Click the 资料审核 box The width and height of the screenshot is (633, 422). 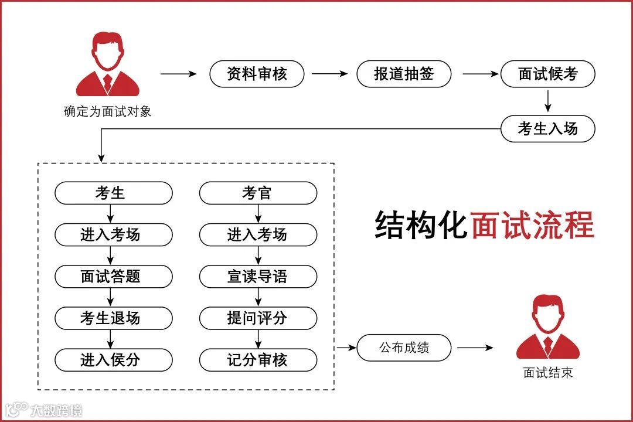(257, 74)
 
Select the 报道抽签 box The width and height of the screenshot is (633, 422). (404, 74)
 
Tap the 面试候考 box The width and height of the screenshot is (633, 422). (547, 74)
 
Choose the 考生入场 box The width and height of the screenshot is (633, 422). (547, 129)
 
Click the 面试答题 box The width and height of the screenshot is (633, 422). (114, 276)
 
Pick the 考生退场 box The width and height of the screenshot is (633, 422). (114, 318)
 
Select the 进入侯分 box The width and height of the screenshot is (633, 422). (114, 359)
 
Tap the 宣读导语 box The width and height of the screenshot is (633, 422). (258, 276)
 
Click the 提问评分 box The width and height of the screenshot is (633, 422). (258, 318)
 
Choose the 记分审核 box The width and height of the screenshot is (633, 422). (258, 359)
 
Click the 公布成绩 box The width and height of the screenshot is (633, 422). (404, 348)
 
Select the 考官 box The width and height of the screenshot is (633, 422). (258, 193)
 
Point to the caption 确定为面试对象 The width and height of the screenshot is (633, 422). (107, 111)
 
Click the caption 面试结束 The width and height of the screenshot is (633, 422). (547, 373)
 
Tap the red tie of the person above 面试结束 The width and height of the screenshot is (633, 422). (547, 345)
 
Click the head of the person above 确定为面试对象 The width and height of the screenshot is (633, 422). (108, 52)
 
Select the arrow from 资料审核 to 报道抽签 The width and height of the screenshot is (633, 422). (329, 74)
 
